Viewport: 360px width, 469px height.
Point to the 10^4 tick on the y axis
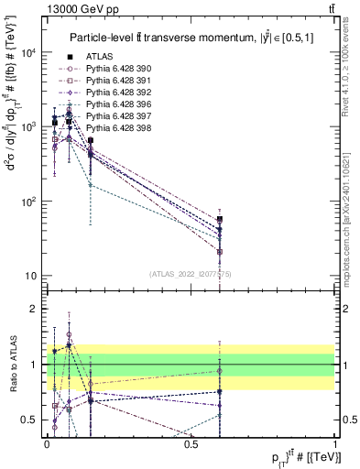[27, 52]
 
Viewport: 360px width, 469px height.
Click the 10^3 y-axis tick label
[27, 126]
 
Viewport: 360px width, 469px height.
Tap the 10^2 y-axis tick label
[27, 202]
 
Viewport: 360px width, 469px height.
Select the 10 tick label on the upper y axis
[30, 276]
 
